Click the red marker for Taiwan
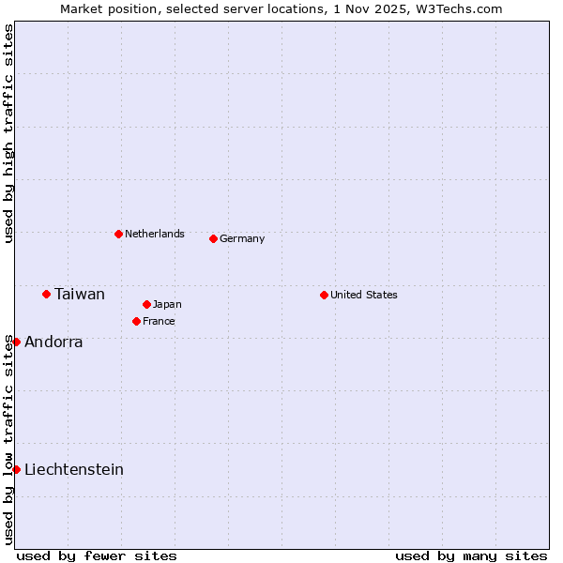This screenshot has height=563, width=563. point(46,294)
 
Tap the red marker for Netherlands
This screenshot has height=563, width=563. point(118,234)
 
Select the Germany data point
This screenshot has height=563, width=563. point(213,238)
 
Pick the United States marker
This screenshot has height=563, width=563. point(324,295)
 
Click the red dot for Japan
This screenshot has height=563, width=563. point(146,304)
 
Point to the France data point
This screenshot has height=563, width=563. point(136,321)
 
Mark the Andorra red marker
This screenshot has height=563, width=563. point(16,342)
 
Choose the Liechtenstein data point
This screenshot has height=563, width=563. point(16,469)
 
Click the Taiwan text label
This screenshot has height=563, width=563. point(80,295)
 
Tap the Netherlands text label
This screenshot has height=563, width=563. point(155,234)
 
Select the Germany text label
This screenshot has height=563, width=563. point(242,238)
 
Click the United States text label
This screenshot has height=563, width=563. point(364,295)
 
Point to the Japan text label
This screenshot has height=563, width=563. point(167,304)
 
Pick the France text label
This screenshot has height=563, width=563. point(159,321)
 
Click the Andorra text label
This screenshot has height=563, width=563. point(53,342)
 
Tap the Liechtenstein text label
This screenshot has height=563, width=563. point(74,470)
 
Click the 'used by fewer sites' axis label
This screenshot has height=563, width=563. point(97,555)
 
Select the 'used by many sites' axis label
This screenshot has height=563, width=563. point(471,555)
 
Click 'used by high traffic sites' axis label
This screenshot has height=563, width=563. point(8,134)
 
